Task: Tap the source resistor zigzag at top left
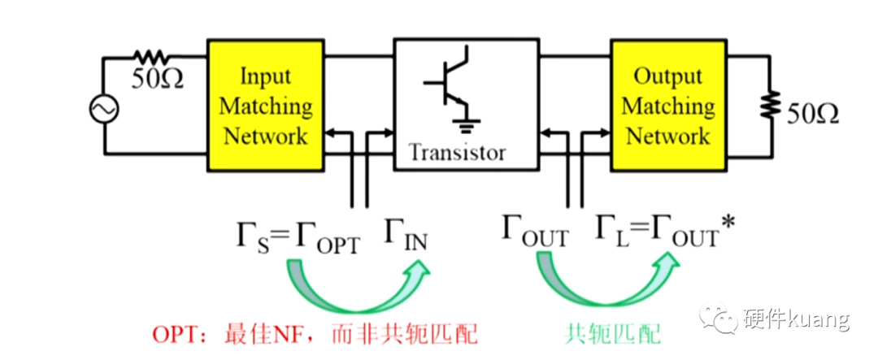150,57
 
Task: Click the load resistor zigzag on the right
766,106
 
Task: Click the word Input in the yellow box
266,76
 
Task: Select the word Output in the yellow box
667,76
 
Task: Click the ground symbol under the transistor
465,124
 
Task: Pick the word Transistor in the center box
457,152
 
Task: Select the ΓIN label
406,238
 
